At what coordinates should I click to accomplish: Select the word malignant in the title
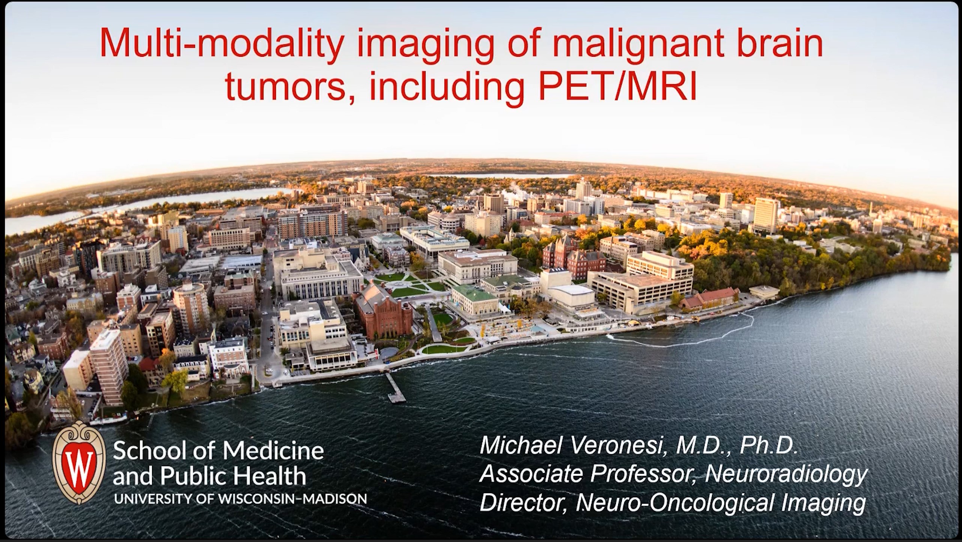pyautogui.click(x=612, y=45)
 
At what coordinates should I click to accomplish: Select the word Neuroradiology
pyautogui.click(x=787, y=474)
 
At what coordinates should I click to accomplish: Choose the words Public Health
pyautogui.click(x=233, y=476)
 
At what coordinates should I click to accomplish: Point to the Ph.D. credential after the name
pyautogui.click(x=768, y=445)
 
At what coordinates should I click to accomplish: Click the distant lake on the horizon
pyautogui.click(x=499, y=175)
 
